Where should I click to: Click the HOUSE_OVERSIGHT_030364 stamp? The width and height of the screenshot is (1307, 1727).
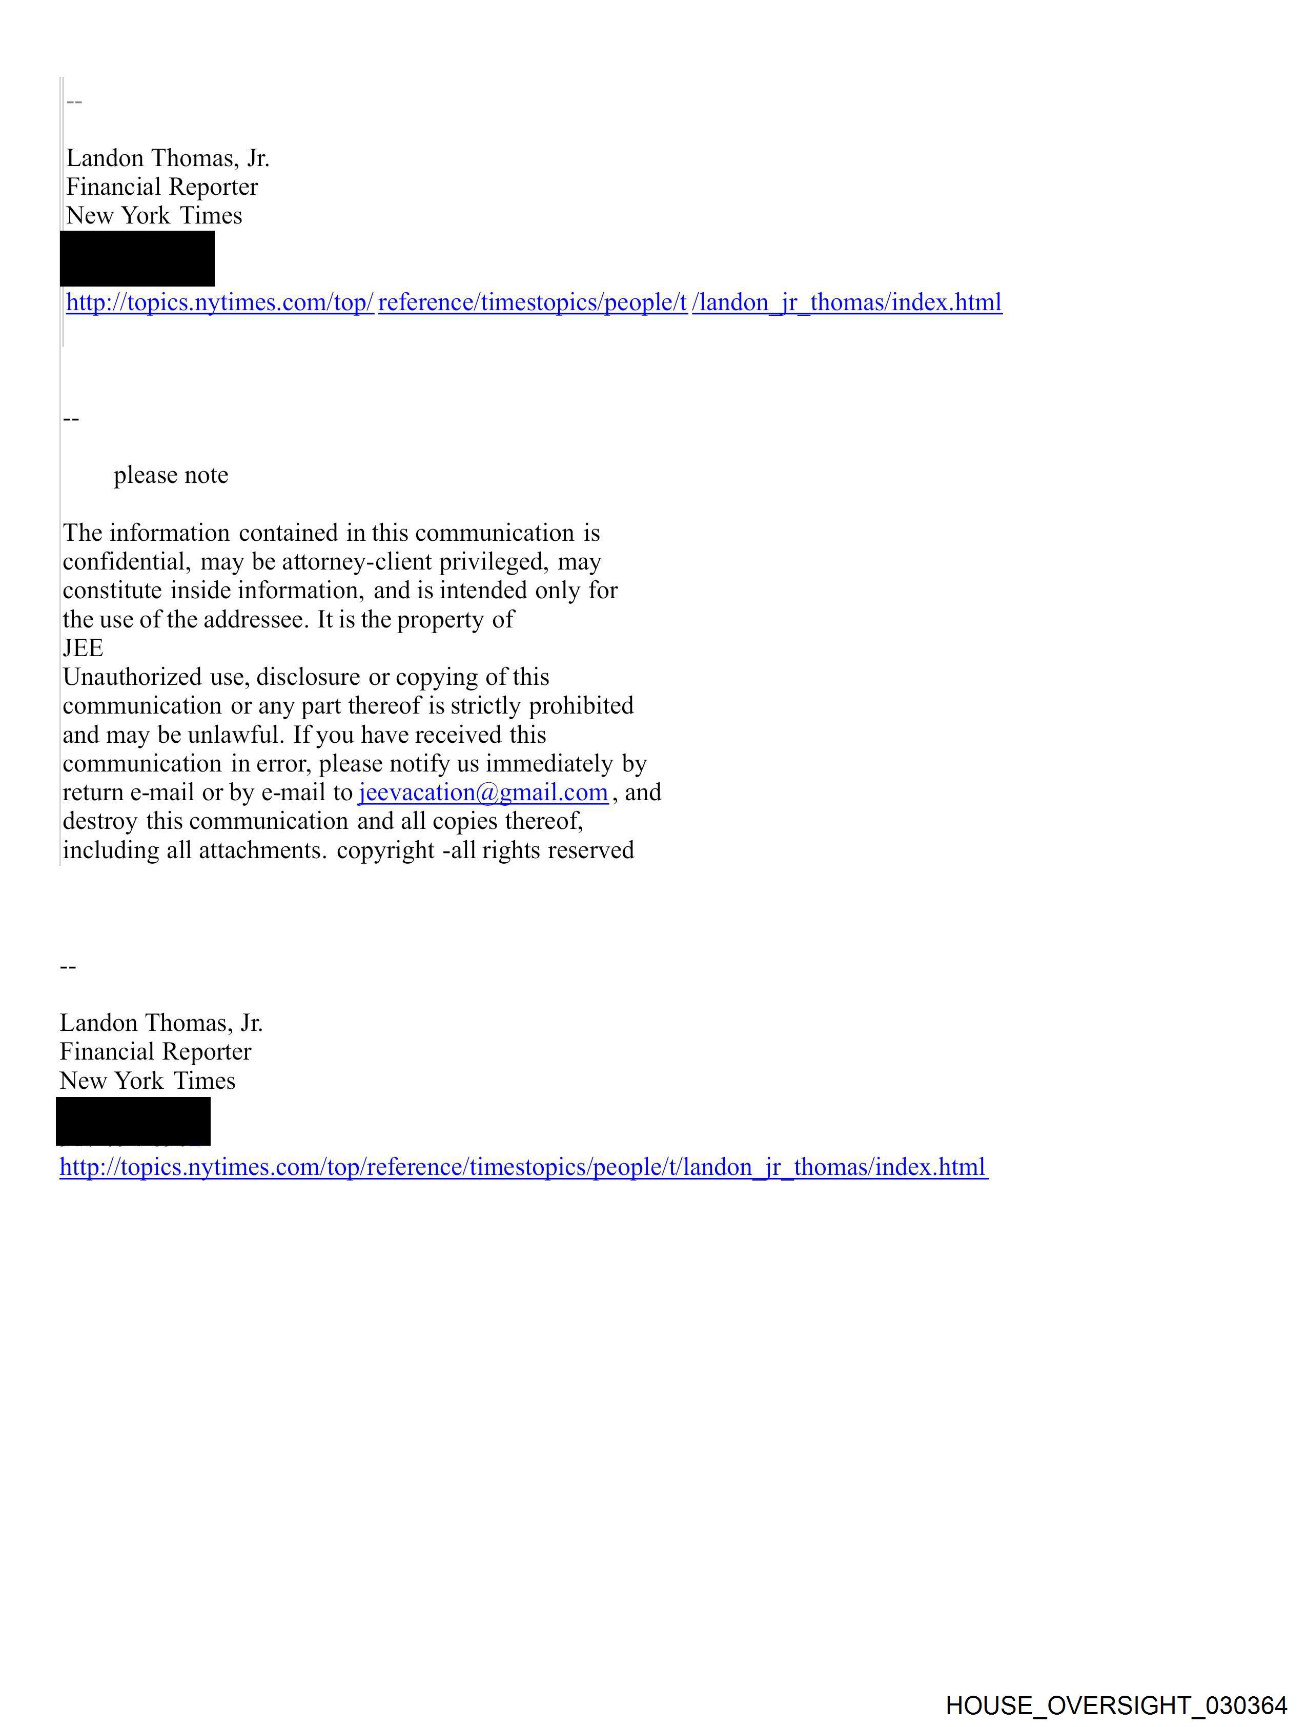click(1116, 1706)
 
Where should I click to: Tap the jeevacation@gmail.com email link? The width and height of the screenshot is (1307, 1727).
click(482, 793)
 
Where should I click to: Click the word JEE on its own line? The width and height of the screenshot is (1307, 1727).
click(83, 648)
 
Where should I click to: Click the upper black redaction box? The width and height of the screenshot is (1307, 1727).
click(137, 258)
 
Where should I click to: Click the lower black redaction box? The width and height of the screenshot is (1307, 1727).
click(133, 1121)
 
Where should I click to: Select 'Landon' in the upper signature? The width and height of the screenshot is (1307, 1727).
click(105, 158)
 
